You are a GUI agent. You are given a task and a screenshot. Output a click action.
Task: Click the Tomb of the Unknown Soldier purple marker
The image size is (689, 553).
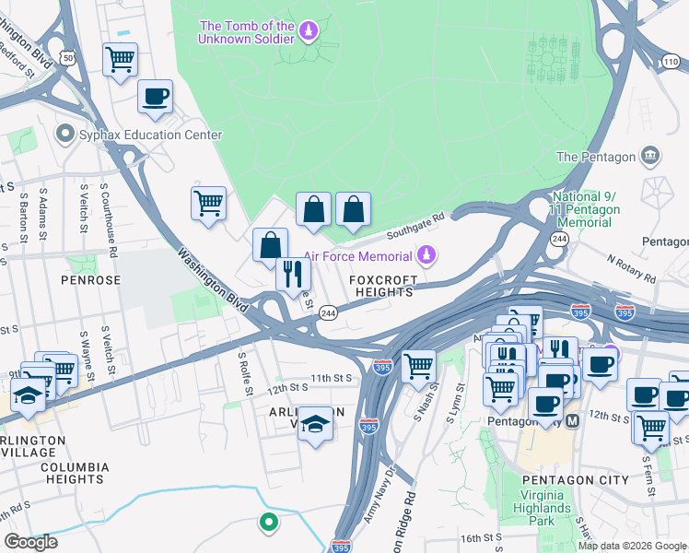(309, 32)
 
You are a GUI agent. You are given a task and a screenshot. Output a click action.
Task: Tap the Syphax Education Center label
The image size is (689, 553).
(152, 135)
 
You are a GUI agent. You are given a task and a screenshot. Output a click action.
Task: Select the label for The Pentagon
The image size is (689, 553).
(596, 157)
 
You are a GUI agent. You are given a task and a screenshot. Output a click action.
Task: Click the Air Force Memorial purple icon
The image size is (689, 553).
(425, 253)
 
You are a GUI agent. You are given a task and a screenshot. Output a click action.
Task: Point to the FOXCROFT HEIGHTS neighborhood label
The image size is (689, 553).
(382, 285)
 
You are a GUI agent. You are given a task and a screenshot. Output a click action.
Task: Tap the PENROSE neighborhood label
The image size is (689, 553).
(91, 278)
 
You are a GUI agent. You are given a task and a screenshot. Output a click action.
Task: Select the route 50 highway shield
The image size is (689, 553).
(66, 58)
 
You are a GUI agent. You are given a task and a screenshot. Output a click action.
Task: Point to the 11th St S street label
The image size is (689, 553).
(332, 378)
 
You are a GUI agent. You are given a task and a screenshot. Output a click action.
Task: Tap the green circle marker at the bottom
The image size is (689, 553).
(268, 523)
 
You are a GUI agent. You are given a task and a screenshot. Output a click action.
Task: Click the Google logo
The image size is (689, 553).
(30, 542)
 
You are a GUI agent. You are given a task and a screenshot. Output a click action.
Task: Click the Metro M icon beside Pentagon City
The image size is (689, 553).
(572, 421)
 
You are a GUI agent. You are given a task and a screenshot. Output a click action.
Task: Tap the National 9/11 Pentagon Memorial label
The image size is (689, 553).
(586, 210)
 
